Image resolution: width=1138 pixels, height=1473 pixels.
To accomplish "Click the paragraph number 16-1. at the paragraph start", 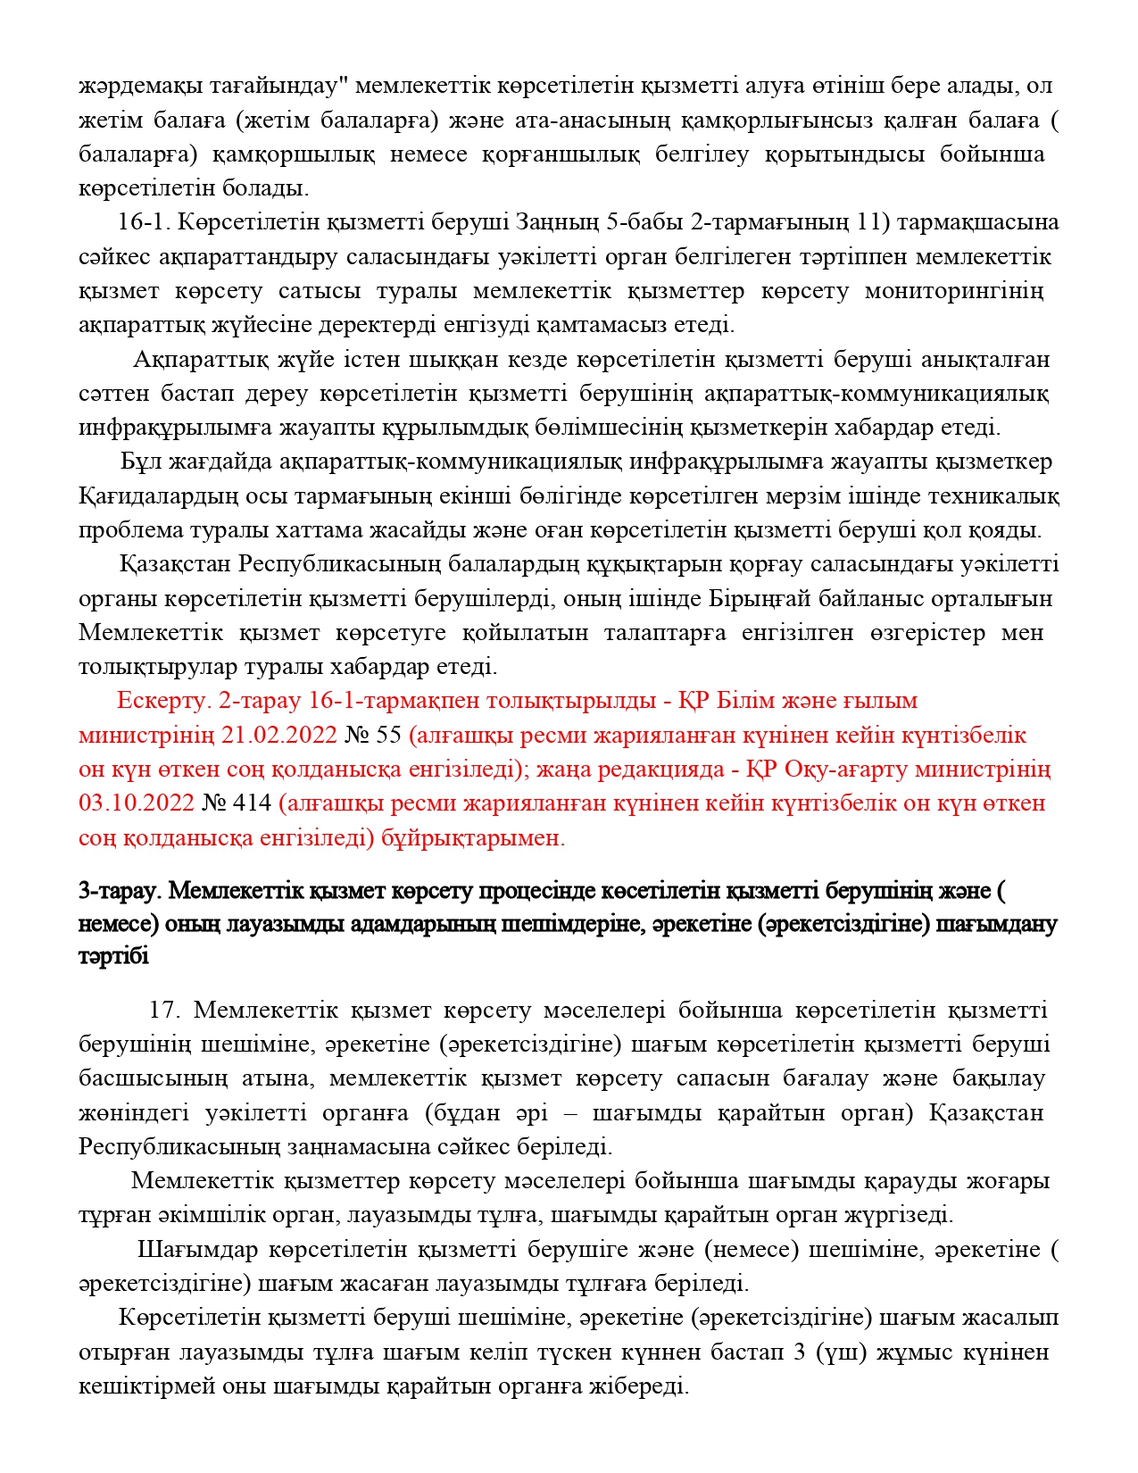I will coord(141,222).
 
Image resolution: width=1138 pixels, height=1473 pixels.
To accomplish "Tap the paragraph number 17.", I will coord(165,1010).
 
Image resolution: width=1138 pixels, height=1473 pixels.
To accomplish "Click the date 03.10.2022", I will coord(136,803).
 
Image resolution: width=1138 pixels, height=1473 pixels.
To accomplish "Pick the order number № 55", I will coord(373,735).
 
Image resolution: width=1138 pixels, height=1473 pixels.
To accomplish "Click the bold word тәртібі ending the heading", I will coord(113,956).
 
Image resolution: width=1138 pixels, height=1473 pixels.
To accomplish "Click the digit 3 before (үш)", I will coord(799,1352).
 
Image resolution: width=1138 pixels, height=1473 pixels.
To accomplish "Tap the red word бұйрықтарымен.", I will coord(473,837).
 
